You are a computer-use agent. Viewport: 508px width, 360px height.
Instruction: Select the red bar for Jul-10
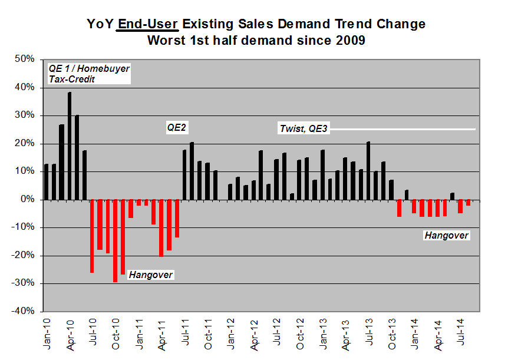click(92, 236)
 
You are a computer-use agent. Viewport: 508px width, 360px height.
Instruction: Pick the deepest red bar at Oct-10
click(115, 240)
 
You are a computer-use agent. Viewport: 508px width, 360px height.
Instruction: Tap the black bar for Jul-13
click(368, 170)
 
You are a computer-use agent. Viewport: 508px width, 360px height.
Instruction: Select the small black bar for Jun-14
click(452, 196)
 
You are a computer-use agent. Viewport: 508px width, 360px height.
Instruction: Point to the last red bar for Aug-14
click(468, 202)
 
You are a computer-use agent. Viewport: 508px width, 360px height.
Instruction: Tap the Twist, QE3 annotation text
click(304, 128)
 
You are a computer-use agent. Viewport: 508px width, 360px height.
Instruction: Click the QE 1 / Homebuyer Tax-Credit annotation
click(88, 74)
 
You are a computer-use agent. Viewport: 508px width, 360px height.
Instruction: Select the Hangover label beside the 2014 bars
click(447, 236)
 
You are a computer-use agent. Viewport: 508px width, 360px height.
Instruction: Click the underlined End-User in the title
click(148, 25)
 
